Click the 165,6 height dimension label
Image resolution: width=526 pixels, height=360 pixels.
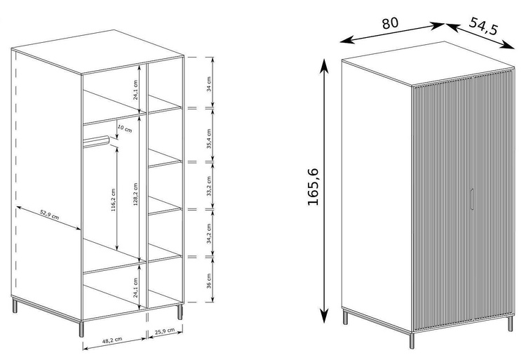[313, 187]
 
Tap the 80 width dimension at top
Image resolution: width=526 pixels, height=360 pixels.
[390, 23]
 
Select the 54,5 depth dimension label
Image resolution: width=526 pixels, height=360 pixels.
[483, 26]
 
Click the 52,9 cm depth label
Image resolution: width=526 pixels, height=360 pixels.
[50, 215]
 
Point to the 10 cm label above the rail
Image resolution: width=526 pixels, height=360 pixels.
[125, 128]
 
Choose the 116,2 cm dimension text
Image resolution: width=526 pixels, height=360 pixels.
[113, 199]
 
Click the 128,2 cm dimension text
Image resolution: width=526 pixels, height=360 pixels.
[135, 194]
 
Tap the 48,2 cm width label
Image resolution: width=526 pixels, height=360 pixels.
[112, 340]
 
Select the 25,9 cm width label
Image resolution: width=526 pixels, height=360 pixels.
[164, 331]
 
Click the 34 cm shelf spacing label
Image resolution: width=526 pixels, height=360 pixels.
[209, 84]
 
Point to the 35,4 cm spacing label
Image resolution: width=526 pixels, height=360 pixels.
[209, 138]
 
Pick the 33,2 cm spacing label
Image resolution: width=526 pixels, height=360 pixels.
[209, 186]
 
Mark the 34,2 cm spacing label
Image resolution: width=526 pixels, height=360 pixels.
[209, 233]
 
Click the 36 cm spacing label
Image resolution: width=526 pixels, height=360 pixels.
[209, 281]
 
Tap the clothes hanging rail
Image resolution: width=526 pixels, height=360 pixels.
[96, 141]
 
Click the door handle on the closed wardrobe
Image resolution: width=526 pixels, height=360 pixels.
[472, 199]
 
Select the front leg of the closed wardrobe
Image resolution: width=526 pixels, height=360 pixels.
[412, 340]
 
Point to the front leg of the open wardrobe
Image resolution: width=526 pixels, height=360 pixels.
[81, 329]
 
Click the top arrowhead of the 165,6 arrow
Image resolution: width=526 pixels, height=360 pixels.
[324, 66]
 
